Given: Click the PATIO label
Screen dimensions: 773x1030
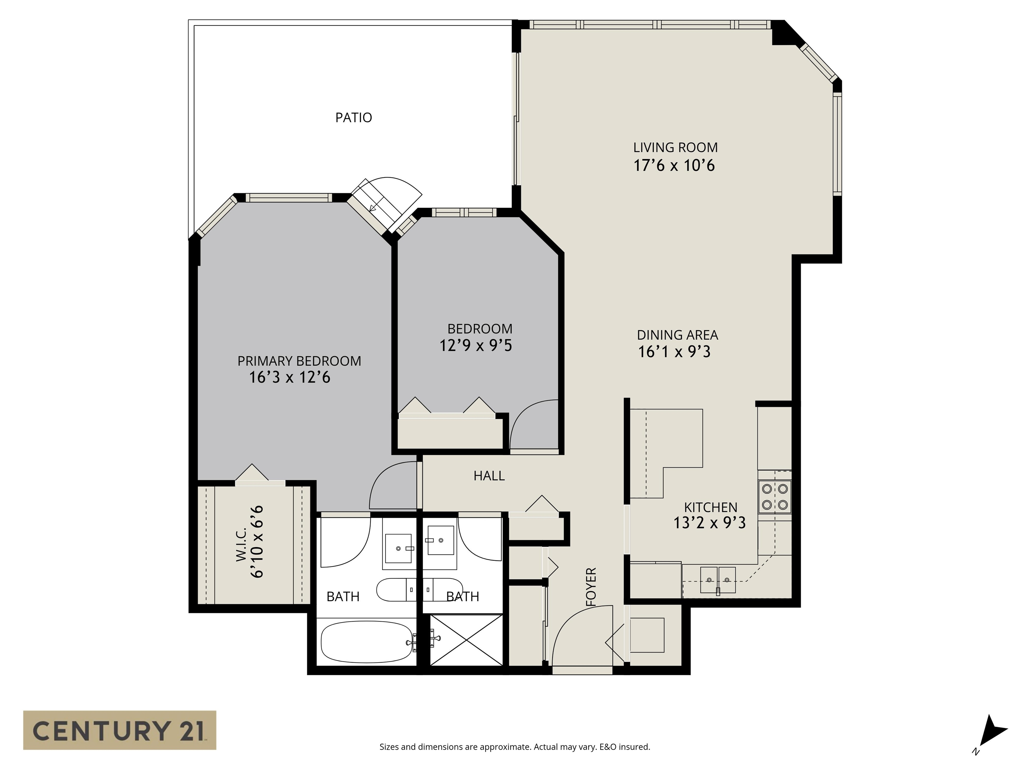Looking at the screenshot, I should [353, 117].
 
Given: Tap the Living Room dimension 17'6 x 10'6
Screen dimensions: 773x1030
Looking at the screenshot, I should [674, 165].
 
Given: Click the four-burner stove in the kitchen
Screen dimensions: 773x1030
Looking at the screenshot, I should [775, 497].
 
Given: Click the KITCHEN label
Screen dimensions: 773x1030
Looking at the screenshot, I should [710, 507].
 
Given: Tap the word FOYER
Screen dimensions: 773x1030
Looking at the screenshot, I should [591, 587].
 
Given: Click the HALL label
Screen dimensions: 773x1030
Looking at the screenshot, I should [489, 476].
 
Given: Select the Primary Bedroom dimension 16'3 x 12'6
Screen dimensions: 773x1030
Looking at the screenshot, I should [290, 377].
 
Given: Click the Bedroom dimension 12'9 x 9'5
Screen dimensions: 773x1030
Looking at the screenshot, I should [476, 346].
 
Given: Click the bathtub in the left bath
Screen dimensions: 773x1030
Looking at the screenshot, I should [366, 642].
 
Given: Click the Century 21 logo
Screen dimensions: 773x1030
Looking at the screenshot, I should [120, 730].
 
